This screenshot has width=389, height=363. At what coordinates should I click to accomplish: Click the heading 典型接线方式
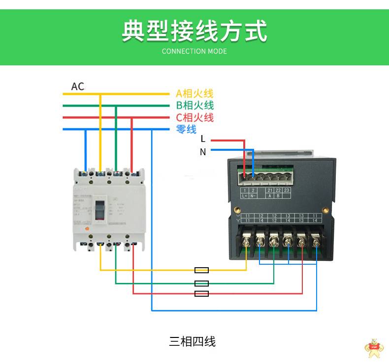pos(194,31)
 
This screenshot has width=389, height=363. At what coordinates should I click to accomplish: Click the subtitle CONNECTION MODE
pos(194,51)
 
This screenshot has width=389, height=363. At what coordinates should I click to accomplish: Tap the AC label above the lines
pos(78,86)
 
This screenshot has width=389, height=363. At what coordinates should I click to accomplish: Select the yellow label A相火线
pos(194,93)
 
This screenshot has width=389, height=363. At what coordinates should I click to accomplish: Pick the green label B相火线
pos(194,105)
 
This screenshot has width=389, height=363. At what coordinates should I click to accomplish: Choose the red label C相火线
pos(194,117)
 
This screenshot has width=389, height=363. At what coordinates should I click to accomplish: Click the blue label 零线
pos(186,129)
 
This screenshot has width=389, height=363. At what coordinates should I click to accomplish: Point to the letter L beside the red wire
pos(203,140)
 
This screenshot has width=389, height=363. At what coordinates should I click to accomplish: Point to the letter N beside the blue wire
pos(203,152)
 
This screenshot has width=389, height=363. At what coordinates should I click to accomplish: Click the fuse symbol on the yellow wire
pos(202,270)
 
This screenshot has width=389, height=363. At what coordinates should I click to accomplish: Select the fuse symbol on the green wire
pos(202,283)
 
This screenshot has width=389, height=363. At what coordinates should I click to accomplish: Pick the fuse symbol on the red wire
pos(202,294)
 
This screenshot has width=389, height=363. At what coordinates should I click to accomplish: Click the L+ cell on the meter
pos(245,195)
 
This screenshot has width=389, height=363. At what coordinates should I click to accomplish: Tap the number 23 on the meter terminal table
pos(287,190)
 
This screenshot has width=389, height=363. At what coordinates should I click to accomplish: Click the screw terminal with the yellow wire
pos(247,242)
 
